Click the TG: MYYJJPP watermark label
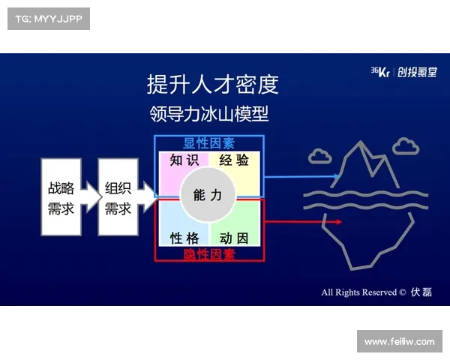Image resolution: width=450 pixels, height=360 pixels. pos(47,18)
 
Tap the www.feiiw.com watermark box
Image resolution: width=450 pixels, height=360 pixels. pos(398,341)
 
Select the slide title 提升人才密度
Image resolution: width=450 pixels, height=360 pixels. pos(212,84)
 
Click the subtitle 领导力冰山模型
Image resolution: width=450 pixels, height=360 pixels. pos(209,115)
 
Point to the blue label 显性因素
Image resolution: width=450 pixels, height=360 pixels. pos(209,142)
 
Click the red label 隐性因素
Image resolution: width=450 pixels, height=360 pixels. pos(209,254)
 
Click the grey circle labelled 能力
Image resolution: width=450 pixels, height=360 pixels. pos(208,195)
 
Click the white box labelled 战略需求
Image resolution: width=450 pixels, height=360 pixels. pos(61,197)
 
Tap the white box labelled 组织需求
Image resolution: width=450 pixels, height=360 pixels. pos(118,197)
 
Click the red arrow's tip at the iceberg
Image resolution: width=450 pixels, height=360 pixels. pos(340,222)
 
